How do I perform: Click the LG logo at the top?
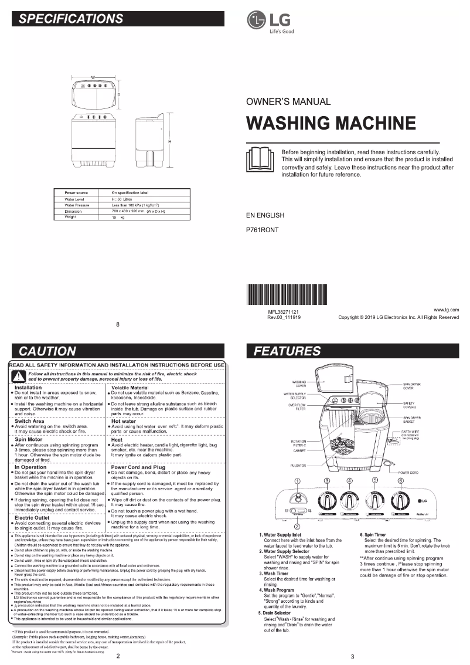point(270,21)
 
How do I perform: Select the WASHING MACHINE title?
point(331,123)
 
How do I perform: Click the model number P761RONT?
point(262,230)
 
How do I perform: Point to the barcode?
point(287,294)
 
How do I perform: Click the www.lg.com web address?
point(446,309)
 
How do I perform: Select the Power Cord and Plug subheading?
point(138,467)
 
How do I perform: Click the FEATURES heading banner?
point(352,351)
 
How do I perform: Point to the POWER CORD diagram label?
point(409,472)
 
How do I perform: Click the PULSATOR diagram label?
point(298,466)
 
